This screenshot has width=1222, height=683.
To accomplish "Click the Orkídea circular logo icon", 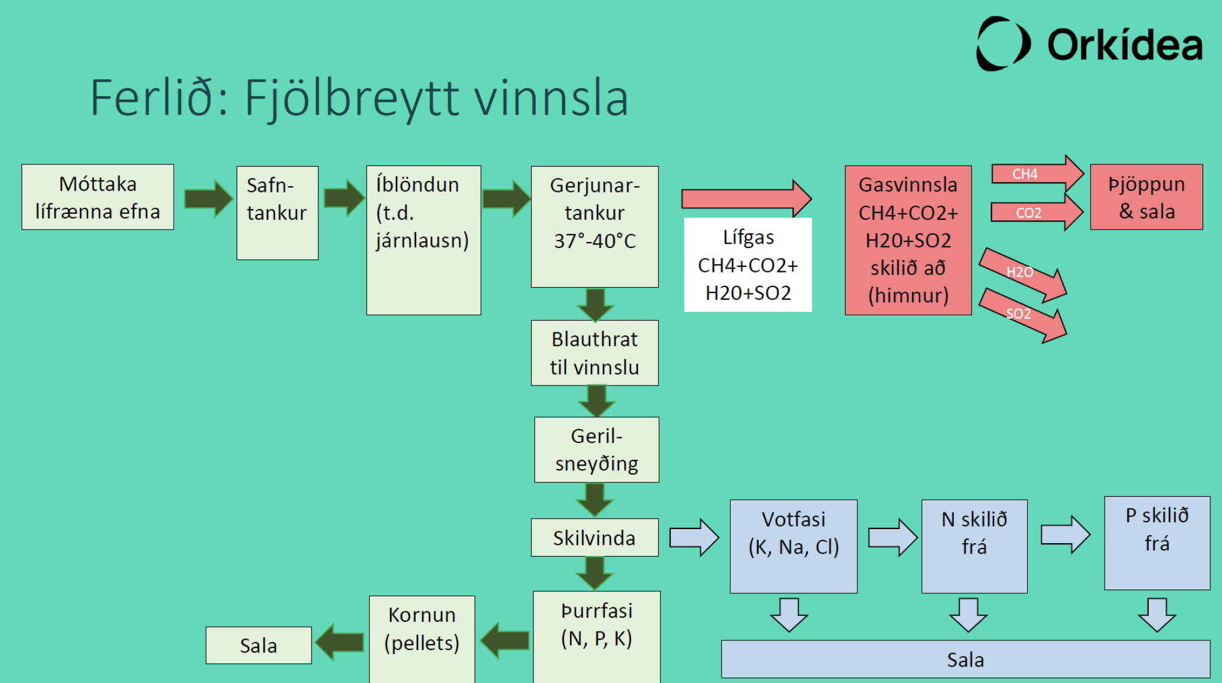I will point(1003,44).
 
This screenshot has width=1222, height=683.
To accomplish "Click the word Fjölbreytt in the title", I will point(351,98).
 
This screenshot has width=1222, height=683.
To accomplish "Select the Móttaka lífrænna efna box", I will point(98,197).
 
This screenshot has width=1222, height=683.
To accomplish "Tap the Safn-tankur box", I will point(277,213).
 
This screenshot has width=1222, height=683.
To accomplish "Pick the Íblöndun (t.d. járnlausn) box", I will point(423,240).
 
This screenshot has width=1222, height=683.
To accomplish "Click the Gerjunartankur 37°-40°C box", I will point(595,226).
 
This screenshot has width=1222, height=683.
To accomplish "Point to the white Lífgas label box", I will point(748,265).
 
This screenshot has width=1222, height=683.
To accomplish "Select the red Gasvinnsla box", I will point(908,240).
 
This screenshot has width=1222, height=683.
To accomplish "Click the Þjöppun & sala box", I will point(1146,197).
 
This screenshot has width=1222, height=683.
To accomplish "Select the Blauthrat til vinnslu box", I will point(595,352).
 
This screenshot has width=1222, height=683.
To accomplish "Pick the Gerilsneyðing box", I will point(596,450).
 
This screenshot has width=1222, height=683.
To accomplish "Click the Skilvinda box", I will point(595,538).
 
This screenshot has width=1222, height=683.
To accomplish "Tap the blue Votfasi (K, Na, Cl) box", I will point(793,546).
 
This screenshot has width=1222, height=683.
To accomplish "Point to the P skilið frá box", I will point(1157,542).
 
